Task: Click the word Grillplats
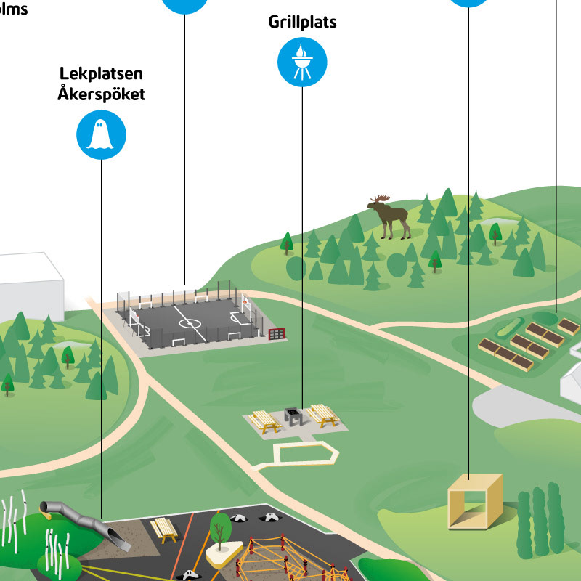click(302, 22)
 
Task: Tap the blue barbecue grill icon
click(302, 62)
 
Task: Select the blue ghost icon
click(102, 134)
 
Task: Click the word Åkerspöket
click(102, 94)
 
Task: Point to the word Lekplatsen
click(102, 75)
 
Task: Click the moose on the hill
click(392, 217)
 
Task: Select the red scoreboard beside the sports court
click(277, 333)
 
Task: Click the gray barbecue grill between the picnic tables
click(293, 416)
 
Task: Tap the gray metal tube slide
click(80, 517)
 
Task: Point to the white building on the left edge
click(29, 283)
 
